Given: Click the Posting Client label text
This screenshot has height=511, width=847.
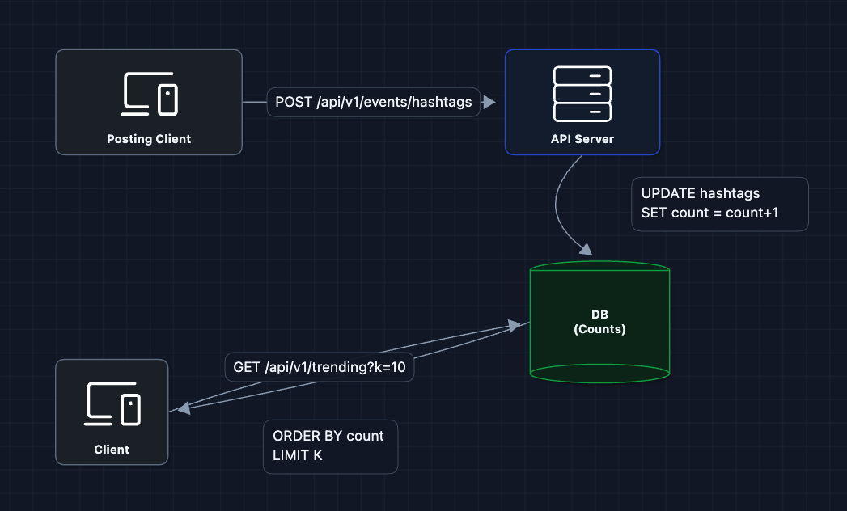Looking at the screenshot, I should pyautogui.click(x=149, y=139).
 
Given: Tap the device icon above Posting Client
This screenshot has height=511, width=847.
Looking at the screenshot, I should pyautogui.click(x=150, y=94).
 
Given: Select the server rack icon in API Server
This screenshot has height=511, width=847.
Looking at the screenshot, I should pyautogui.click(x=582, y=92).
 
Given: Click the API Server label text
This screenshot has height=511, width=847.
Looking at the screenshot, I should pyautogui.click(x=582, y=139).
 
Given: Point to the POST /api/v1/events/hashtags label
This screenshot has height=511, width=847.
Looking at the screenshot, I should pyautogui.click(x=373, y=103).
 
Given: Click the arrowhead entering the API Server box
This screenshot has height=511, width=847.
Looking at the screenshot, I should pyautogui.click(x=489, y=103).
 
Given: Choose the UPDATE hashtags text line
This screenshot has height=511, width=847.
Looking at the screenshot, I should pyautogui.click(x=701, y=194).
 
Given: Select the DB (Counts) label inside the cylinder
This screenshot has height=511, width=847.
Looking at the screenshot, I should pyautogui.click(x=599, y=322).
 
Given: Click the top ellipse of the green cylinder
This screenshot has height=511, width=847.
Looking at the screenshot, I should pyautogui.click(x=599, y=269).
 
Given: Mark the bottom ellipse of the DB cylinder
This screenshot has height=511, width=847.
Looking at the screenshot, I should pyautogui.click(x=599, y=373).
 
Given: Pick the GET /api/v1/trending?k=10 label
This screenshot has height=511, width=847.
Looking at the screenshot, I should pyautogui.click(x=319, y=367).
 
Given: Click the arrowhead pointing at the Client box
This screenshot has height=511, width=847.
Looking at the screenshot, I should pyautogui.click(x=182, y=410).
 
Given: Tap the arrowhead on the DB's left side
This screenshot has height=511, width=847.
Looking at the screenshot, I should pyautogui.click(x=515, y=325).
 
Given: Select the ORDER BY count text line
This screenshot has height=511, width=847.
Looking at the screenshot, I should pyautogui.click(x=328, y=436).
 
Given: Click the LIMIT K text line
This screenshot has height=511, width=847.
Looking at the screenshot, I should pyautogui.click(x=298, y=456).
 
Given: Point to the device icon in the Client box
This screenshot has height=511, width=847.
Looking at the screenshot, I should pyautogui.click(x=112, y=403).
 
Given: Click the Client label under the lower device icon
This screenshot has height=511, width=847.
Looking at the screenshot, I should pyautogui.click(x=112, y=450).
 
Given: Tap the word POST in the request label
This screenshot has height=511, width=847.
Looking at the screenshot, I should pyautogui.click(x=292, y=103).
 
